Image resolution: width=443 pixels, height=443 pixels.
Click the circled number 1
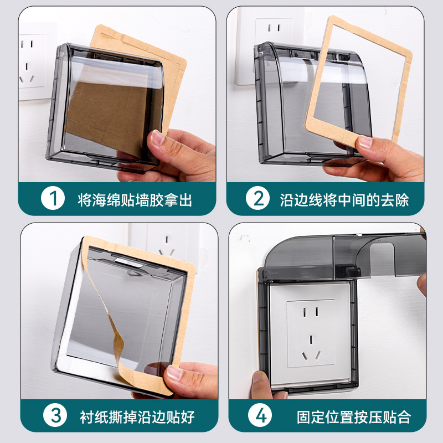[53, 198]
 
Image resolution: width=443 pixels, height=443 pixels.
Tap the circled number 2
[257, 198]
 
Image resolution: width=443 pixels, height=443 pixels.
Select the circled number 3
[55, 415]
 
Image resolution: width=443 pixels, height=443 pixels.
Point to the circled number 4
[260, 415]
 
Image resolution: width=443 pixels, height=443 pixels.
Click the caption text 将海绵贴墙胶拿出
[135, 200]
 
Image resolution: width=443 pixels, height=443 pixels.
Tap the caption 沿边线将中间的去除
[344, 200]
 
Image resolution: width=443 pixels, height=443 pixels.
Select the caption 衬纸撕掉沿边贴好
[137, 417]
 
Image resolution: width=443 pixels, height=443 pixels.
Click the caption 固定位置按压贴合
[354, 417]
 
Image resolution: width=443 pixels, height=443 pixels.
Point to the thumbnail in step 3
[175, 373]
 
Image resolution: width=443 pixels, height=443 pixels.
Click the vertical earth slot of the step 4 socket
[311, 339]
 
